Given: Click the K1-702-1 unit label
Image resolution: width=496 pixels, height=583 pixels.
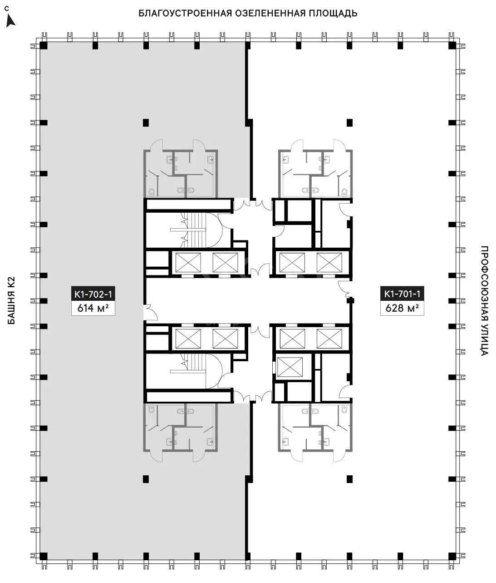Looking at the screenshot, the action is [93, 294].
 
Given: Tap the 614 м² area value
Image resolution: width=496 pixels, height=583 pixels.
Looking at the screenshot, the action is [93, 308].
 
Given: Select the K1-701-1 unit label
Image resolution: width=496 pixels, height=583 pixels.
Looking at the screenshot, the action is [402, 294].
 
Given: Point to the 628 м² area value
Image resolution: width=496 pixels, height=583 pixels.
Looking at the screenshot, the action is [402, 308].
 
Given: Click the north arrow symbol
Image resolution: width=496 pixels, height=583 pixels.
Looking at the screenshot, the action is [10, 21].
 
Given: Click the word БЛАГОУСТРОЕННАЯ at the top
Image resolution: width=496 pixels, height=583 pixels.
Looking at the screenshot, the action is [185, 13].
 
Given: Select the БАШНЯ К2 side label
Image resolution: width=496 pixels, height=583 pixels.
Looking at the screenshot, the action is [11, 300].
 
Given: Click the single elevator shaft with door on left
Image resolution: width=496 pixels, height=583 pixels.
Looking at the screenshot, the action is [290, 367].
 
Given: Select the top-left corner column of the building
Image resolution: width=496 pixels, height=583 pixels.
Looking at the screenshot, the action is [44, 45].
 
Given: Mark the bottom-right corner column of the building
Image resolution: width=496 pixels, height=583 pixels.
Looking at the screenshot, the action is [452, 556].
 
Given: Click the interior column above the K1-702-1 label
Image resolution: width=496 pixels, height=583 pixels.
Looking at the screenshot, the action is [146, 123].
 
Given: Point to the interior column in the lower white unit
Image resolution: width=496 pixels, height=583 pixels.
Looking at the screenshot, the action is [349, 479].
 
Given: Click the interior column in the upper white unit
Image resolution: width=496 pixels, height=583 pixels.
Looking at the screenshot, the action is [349, 123].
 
